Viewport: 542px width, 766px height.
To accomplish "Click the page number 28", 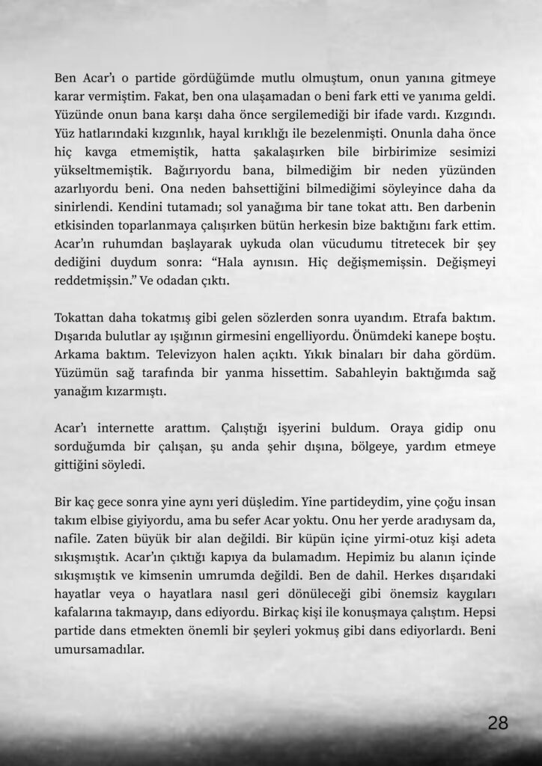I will [498, 723].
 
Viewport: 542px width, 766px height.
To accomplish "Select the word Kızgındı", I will [460, 117].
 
